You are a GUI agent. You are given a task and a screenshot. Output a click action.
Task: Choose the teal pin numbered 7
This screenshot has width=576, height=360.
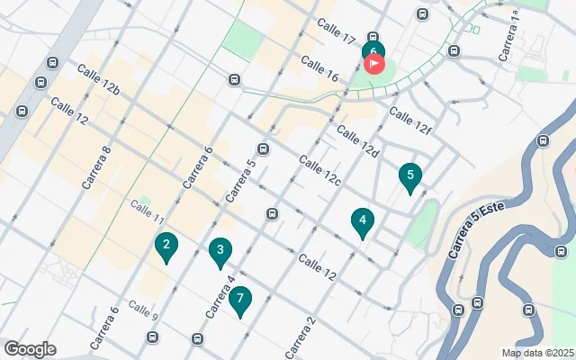pos(240,301)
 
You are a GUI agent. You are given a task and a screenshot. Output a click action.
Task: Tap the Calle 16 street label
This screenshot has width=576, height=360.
pos(319,69)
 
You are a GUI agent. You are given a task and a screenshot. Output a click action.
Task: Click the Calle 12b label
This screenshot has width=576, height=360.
pos(98,79)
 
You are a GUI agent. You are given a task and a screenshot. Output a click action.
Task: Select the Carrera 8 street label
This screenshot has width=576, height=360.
pos(96,167)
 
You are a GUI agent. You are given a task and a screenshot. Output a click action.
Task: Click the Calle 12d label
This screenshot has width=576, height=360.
pos(357,140)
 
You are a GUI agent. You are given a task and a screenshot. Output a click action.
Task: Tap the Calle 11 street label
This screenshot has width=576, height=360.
pos(147,212)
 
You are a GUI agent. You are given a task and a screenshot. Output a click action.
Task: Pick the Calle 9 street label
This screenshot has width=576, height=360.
pos(142,310)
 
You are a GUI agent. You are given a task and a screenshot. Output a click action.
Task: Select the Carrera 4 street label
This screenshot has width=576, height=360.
pos(220,296)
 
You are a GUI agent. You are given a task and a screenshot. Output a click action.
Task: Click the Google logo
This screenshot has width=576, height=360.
pos(30,349)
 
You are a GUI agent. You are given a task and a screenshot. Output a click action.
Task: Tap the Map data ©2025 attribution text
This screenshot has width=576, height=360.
pos(536,354)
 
